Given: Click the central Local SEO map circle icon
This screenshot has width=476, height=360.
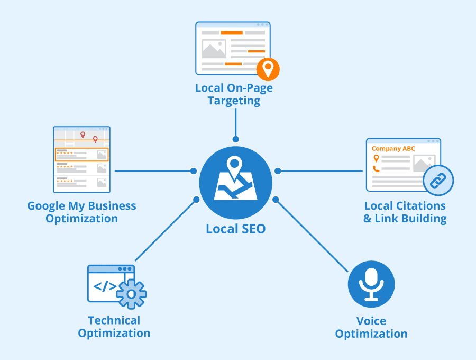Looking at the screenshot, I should click(235, 183).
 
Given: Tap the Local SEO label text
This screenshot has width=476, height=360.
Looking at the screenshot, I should click(235, 229).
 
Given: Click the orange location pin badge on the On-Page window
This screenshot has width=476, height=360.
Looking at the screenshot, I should click(268, 69).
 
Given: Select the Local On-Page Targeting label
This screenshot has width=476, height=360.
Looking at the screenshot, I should click(234, 94).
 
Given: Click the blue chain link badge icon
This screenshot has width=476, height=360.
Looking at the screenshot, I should click(438, 181).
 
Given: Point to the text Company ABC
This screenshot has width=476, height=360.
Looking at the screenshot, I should click(393, 149).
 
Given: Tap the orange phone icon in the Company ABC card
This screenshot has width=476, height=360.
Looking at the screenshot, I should click(376, 169).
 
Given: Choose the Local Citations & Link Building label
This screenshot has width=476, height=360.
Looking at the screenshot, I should click(405, 212).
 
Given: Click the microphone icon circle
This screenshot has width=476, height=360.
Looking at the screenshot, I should click(371, 284).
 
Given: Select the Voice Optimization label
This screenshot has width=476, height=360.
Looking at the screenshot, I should click(371, 327).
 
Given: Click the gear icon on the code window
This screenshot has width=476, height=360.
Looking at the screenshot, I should click(131, 293).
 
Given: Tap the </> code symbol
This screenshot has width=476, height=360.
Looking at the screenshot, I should click(105, 286).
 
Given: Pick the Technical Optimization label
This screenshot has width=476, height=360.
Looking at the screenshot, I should click(114, 327).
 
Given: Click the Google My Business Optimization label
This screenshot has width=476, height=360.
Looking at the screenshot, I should click(81, 212).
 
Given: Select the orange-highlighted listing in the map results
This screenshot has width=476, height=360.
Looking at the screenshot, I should click(81, 155).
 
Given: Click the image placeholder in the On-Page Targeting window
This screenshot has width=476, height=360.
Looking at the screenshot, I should click(214, 49).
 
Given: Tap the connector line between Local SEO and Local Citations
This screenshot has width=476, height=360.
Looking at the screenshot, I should click(320, 171).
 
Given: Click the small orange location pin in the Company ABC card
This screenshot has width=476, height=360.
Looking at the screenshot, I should click(376, 158).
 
